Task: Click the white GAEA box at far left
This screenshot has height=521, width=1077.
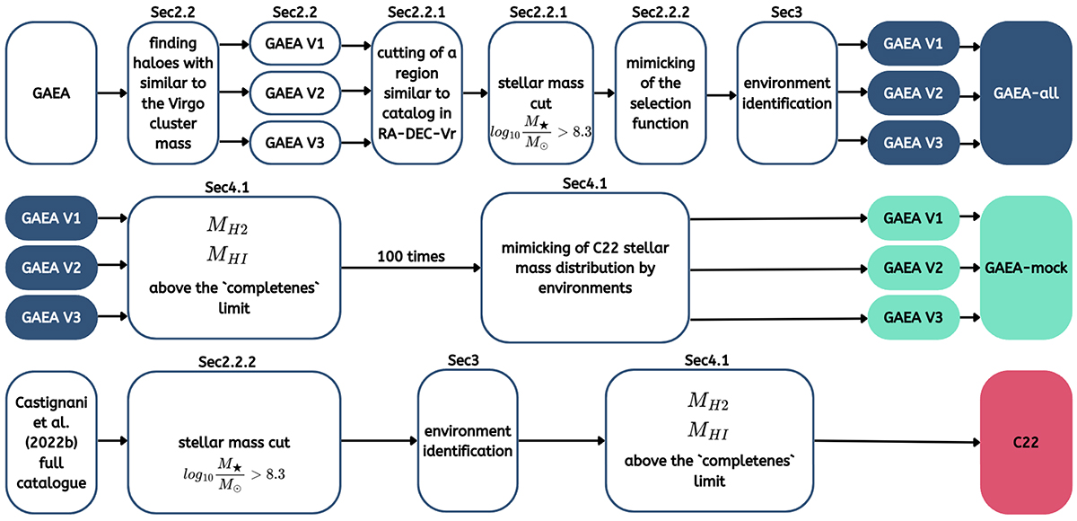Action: [51, 92]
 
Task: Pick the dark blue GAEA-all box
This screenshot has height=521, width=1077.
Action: [1026, 92]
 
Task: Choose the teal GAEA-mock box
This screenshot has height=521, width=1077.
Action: [1026, 268]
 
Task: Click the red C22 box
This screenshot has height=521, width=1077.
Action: [1026, 442]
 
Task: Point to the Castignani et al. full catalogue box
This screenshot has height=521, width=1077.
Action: [51, 442]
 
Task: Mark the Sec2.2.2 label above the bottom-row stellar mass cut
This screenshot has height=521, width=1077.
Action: [235, 360]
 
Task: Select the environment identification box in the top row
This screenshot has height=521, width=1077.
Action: [786, 92]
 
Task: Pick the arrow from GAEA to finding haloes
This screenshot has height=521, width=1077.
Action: [111, 92]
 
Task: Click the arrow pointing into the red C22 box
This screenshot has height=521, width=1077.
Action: [897, 441]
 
